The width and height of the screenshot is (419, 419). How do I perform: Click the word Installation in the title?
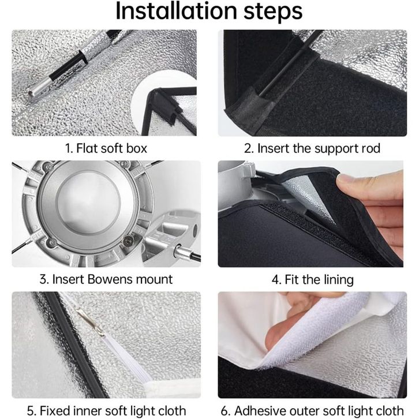coord(177,11)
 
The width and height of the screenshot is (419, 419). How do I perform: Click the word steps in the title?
coord(273,12)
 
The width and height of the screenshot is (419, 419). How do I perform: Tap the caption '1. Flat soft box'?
coord(106,148)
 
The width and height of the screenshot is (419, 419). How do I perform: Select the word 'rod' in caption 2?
coord(370,148)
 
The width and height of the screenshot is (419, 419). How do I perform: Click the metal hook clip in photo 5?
coord(91,322)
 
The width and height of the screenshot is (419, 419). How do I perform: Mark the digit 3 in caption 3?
coord(43,279)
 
